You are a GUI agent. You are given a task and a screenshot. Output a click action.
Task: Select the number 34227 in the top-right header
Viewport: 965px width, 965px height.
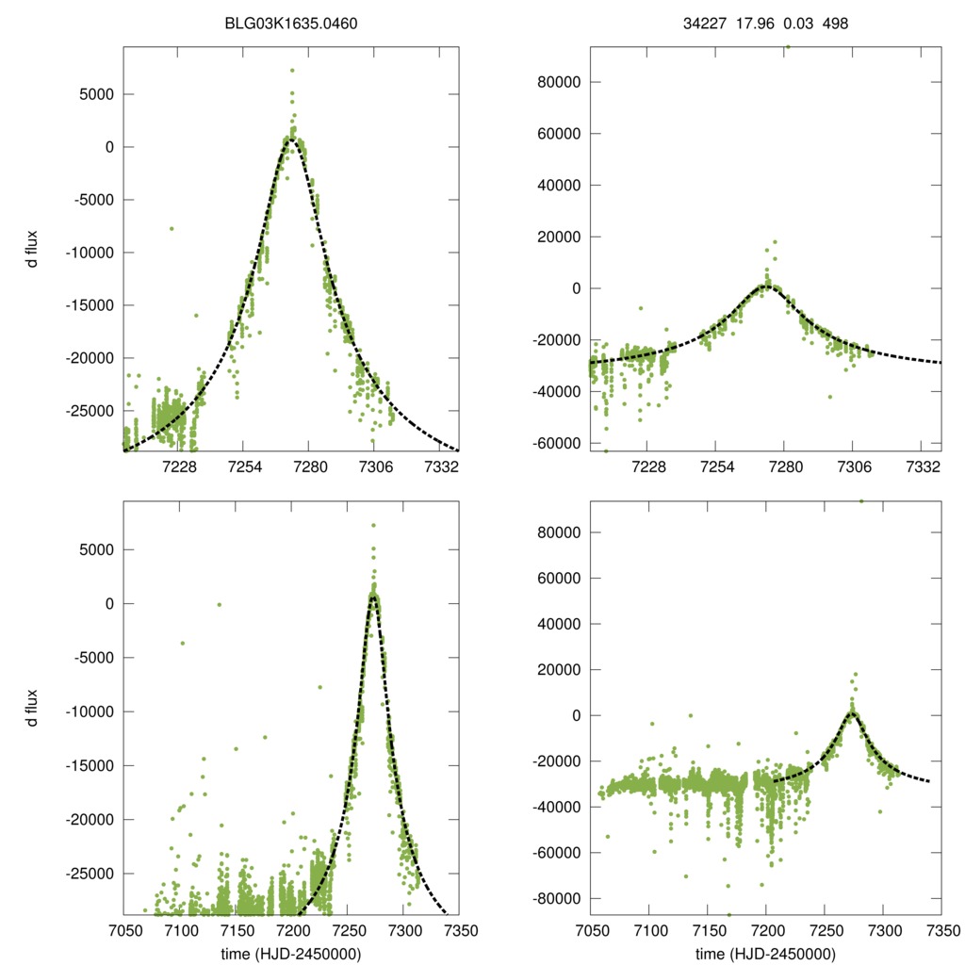pos(702,24)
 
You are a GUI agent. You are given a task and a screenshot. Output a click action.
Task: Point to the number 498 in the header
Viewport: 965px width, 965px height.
pos(835,24)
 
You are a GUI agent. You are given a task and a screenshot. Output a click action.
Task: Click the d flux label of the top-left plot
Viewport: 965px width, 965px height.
pos(33,249)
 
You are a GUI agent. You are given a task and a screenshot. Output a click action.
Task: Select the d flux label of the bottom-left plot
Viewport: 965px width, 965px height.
pos(33,707)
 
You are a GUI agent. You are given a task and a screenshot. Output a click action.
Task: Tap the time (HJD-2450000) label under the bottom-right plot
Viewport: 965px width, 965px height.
pos(765,954)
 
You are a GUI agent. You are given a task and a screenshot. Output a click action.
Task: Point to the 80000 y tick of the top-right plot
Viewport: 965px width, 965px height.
pos(555,82)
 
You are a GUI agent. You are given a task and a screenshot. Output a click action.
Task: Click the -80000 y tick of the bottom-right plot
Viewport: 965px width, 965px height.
pos(552,898)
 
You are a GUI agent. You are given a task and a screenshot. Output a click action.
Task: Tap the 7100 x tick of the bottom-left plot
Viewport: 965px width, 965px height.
pos(180,931)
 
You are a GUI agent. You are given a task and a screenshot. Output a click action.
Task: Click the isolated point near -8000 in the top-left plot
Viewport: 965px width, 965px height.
pos(172,228)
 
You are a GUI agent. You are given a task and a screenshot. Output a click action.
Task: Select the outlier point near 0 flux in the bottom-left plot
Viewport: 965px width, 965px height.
pos(220,604)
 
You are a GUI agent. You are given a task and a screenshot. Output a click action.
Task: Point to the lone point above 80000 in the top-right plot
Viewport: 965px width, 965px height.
pos(788,46)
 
